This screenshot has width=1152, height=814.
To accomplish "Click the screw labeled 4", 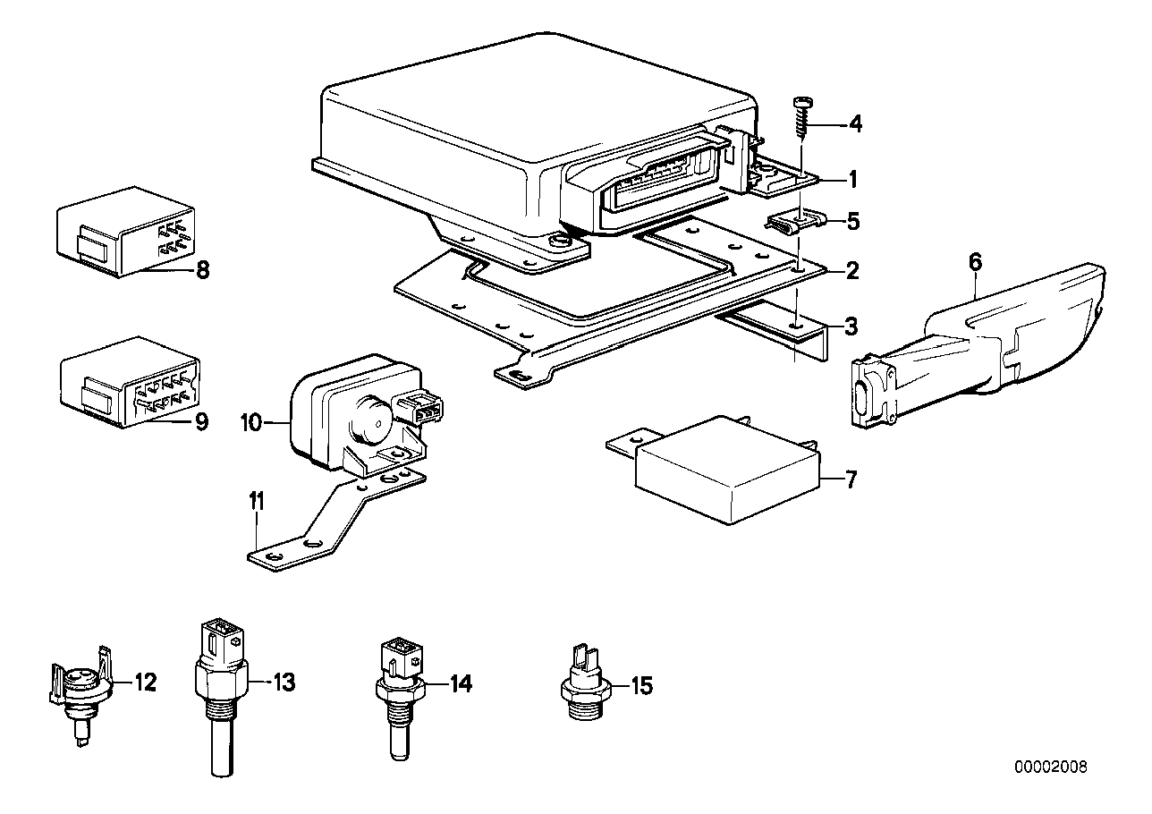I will pyautogui.click(x=800, y=116).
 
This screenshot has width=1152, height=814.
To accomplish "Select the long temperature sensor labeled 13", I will pyautogui.click(x=219, y=689).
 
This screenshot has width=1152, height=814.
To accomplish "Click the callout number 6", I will pyautogui.click(x=974, y=262).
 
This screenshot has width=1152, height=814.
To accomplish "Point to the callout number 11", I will pyautogui.click(x=257, y=503).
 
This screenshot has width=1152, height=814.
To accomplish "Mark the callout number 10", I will pyautogui.click(x=251, y=421).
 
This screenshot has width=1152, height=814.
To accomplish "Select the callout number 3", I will pyautogui.click(x=851, y=327).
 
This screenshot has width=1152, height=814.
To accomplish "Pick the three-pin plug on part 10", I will pyautogui.click(x=419, y=411).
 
